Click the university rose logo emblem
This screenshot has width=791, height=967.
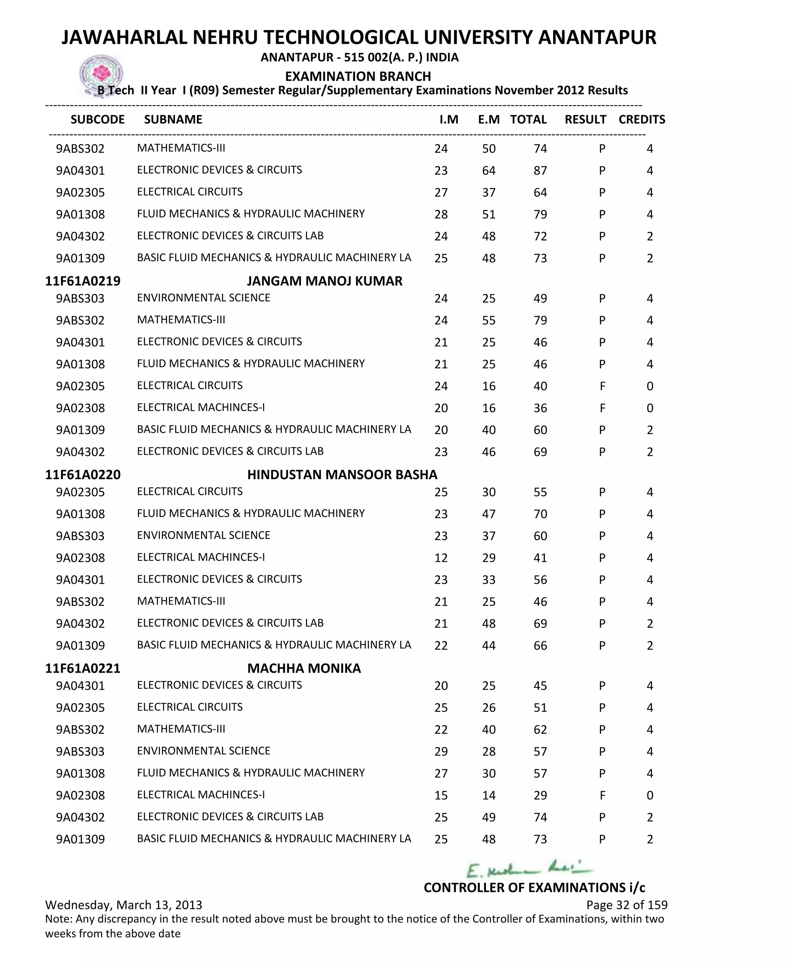pyautogui.click(x=101, y=74)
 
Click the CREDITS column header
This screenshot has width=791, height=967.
pyautogui.click(x=642, y=119)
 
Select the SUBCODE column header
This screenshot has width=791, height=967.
pyautogui.click(x=97, y=119)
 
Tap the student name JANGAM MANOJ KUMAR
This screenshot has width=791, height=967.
pyautogui.click(x=324, y=281)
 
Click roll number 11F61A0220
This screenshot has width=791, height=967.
pyautogui.click(x=83, y=474)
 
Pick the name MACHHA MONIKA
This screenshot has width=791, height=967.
pyautogui.click(x=304, y=668)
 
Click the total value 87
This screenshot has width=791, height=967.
pyautogui.click(x=540, y=170)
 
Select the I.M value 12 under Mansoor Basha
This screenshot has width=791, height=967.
pyautogui.click(x=441, y=558)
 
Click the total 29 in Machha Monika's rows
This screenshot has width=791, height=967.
pyautogui.click(x=540, y=795)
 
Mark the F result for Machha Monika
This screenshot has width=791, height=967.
pyautogui.click(x=602, y=795)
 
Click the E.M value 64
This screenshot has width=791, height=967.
pyautogui.click(x=489, y=170)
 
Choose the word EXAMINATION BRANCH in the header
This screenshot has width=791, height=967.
pyautogui.click(x=358, y=76)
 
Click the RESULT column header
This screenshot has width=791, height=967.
pyautogui.click(x=585, y=119)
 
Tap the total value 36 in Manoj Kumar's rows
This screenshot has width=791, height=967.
pyautogui.click(x=540, y=408)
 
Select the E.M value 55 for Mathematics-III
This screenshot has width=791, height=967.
pyautogui.click(x=489, y=320)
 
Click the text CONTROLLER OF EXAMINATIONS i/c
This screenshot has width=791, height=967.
pyautogui.click(x=534, y=887)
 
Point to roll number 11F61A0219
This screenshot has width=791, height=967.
pyautogui.click(x=83, y=281)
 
